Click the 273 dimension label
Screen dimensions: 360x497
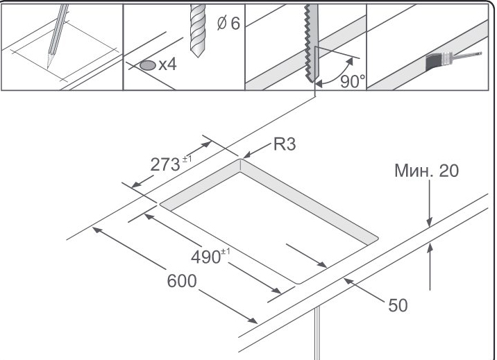pyautogui.click(x=167, y=164)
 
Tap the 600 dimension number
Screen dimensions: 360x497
pyautogui.click(x=183, y=282)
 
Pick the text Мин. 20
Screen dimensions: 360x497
pyautogui.click(x=426, y=171)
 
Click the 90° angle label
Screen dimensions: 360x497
pyautogui.click(x=353, y=81)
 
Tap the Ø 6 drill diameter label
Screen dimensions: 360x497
pyautogui.click(x=228, y=24)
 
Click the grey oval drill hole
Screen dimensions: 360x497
pyautogui.click(x=147, y=66)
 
